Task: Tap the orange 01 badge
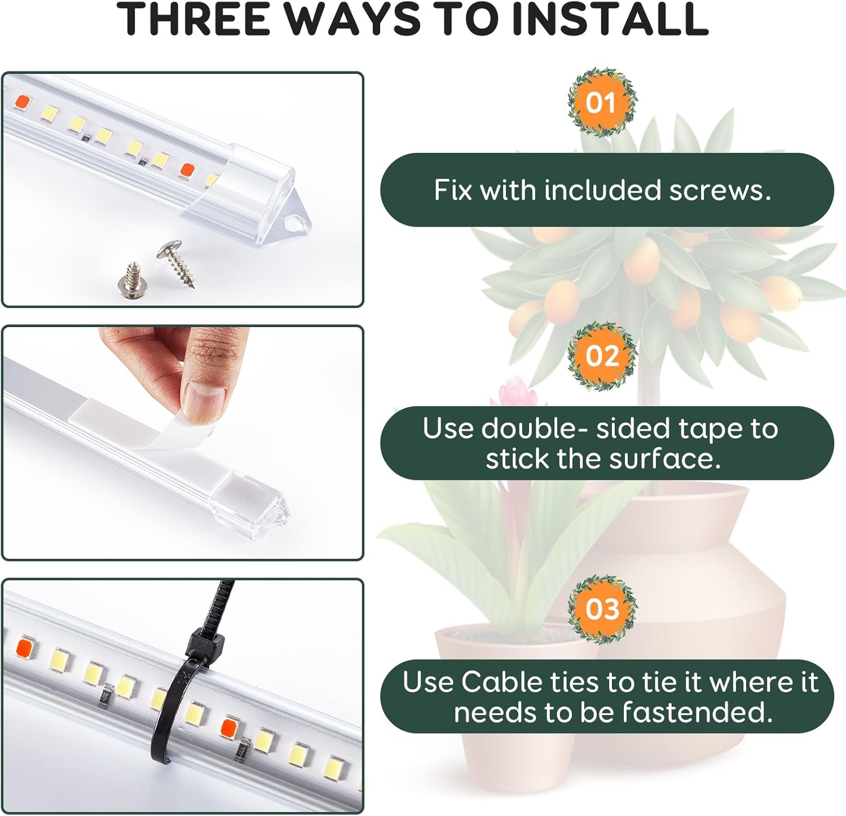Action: (602, 103)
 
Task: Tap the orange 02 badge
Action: (602, 356)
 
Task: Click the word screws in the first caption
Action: (720, 191)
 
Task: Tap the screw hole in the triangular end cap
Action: (293, 224)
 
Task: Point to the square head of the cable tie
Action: (204, 642)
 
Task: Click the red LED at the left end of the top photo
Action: (23, 102)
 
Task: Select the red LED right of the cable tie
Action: (230, 726)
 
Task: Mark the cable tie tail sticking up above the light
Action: (223, 601)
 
